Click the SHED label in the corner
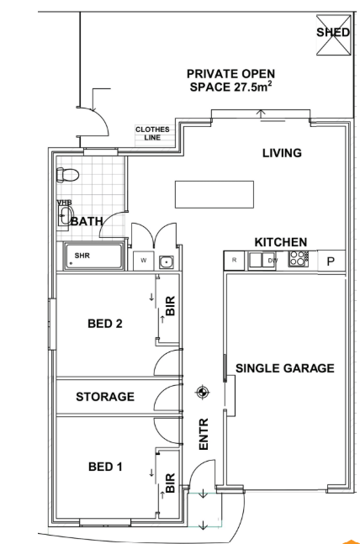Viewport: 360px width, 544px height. pyautogui.click(x=332, y=32)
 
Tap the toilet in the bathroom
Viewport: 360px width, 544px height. pyautogui.click(x=67, y=175)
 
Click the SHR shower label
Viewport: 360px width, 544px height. pyautogui.click(x=82, y=256)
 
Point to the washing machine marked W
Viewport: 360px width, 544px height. pyautogui.click(x=143, y=261)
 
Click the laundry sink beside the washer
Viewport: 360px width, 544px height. pyautogui.click(x=167, y=262)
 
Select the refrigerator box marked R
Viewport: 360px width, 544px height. pyautogui.click(x=234, y=260)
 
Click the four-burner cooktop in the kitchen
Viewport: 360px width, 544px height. pyautogui.click(x=299, y=259)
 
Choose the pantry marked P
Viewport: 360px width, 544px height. pyautogui.click(x=331, y=261)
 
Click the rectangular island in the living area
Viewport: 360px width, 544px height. pyautogui.click(x=214, y=194)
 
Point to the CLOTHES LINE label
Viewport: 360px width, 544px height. pyautogui.click(x=152, y=133)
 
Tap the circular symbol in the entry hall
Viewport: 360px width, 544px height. pyautogui.click(x=203, y=393)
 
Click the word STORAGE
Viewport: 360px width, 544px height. pyautogui.click(x=105, y=397)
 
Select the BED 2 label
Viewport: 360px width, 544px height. pyautogui.click(x=105, y=324)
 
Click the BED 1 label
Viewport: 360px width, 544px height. pyautogui.click(x=105, y=467)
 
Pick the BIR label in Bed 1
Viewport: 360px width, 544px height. pyautogui.click(x=170, y=483)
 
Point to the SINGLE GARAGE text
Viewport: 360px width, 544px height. pyautogui.click(x=285, y=368)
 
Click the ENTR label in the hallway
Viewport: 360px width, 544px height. pyautogui.click(x=204, y=434)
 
